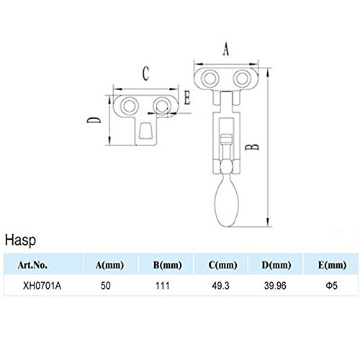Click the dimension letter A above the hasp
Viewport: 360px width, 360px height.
click(226, 50)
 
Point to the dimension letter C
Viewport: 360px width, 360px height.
click(145, 73)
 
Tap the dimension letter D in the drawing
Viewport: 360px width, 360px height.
click(94, 120)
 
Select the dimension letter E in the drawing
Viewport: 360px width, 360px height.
click(187, 98)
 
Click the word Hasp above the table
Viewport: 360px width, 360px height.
click(21, 240)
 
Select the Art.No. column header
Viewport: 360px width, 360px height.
click(32, 265)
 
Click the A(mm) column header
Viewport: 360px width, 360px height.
click(109, 265)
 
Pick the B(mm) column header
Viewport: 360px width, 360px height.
click(168, 265)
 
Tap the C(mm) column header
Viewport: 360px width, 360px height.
click(222, 265)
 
